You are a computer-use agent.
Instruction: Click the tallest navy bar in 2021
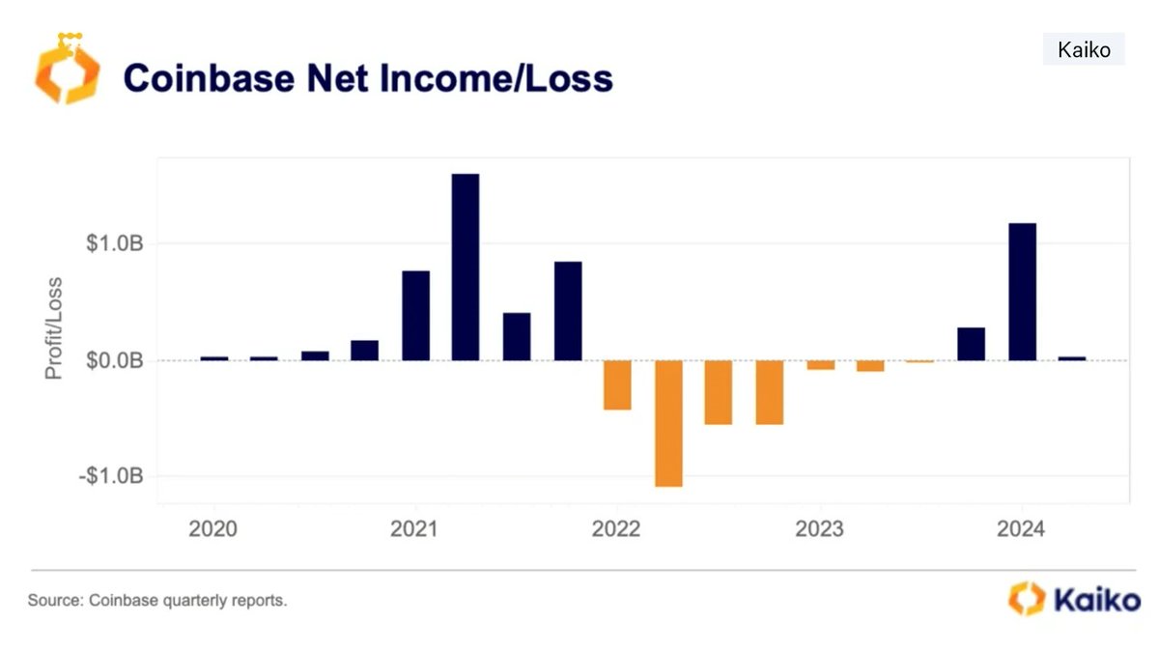click(x=466, y=267)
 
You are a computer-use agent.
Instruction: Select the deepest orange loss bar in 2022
click(x=668, y=423)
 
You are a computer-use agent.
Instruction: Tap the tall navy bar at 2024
click(x=1023, y=292)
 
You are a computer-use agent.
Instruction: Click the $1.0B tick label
click(x=114, y=243)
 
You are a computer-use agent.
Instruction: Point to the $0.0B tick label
click(x=114, y=360)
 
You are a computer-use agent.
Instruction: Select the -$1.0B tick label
click(x=111, y=475)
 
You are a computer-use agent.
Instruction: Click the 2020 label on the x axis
click(x=212, y=529)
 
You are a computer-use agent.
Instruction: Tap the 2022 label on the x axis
click(x=616, y=529)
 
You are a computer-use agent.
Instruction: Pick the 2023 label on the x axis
click(x=819, y=529)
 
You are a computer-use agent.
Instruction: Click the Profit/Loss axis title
click(x=54, y=328)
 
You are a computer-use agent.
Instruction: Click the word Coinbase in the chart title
click(x=209, y=78)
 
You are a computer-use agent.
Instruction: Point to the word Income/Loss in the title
click(x=496, y=78)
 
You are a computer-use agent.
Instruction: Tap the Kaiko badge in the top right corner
click(x=1084, y=49)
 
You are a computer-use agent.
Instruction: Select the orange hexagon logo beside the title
click(x=68, y=70)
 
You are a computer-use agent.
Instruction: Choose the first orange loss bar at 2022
click(x=617, y=385)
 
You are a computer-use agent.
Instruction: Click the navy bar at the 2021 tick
click(x=415, y=316)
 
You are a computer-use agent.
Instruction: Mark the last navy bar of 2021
click(x=568, y=311)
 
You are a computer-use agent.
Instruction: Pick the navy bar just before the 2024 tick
click(x=972, y=344)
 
